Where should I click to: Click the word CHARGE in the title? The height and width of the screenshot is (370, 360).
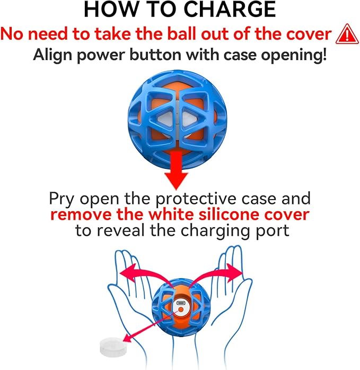pos(229,10)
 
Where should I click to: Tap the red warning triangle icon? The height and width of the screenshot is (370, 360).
pos(347,34)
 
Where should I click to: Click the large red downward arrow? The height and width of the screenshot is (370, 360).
pos(176,170)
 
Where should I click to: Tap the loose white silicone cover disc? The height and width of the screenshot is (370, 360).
pos(111,347)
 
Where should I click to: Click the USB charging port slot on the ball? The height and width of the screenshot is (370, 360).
pos(181,303)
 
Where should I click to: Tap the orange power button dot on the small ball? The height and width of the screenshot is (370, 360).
pos(181,309)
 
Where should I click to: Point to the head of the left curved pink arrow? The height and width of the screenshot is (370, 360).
pos(127,272)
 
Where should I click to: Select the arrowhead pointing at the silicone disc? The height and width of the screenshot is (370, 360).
pos(127,338)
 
